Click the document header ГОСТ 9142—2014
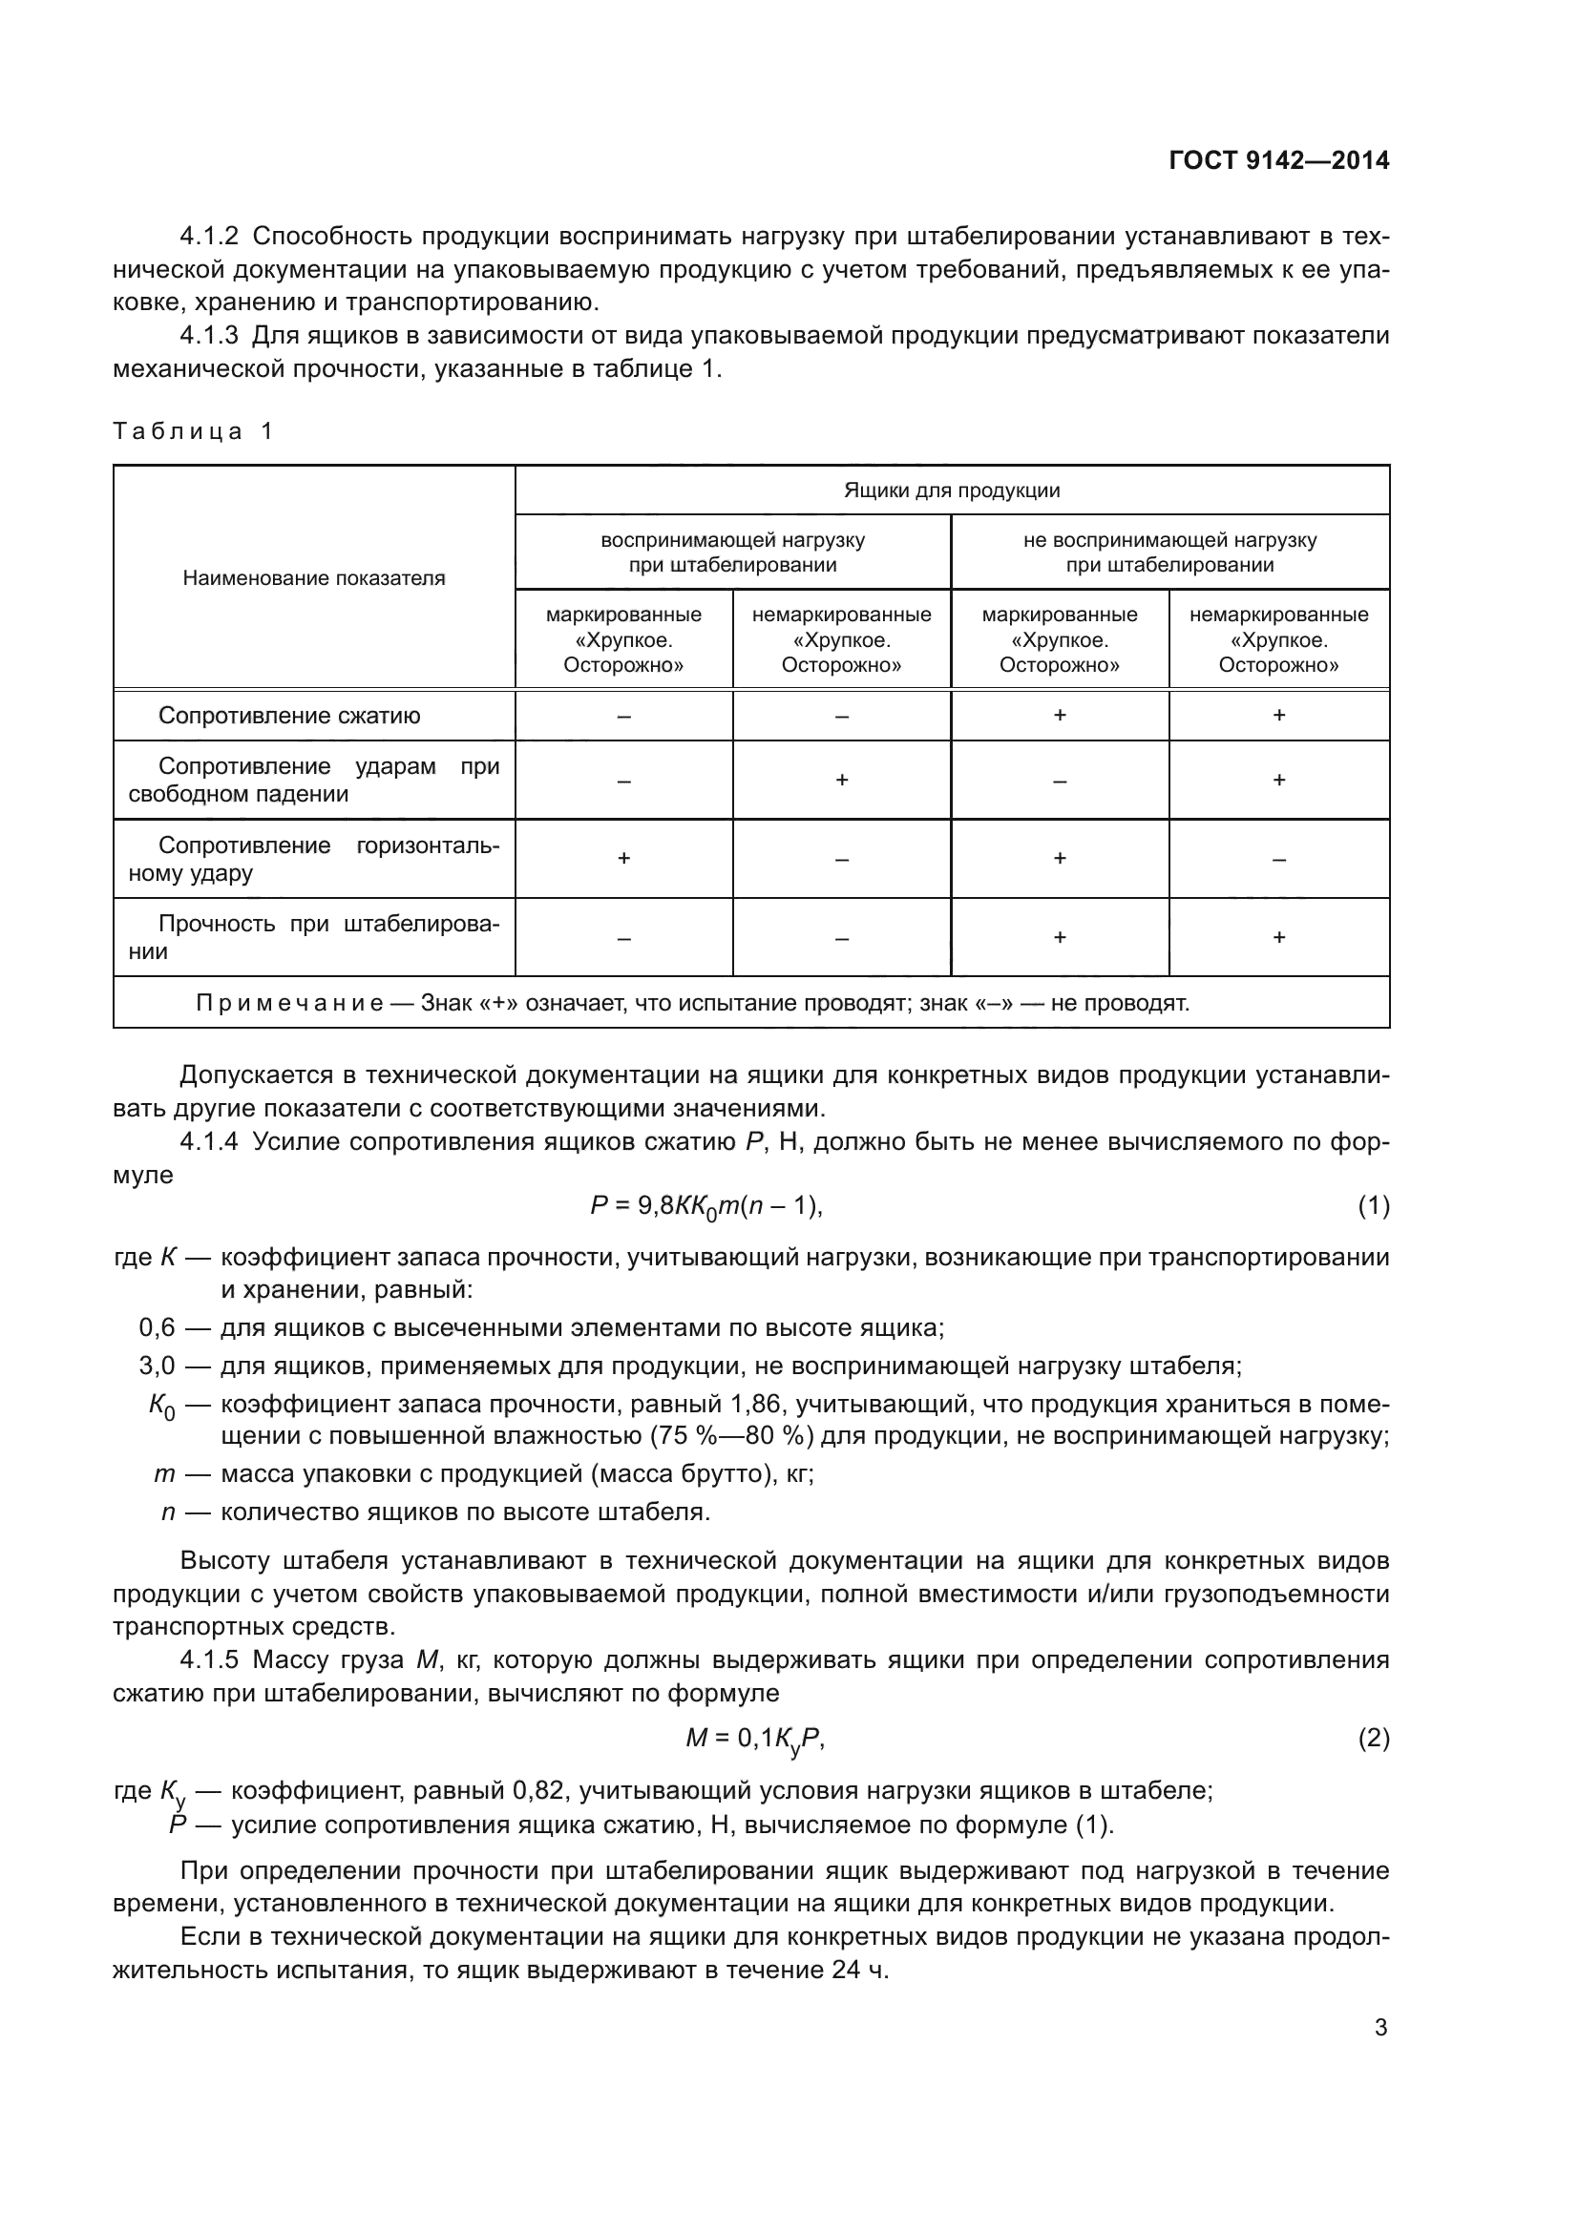(x=1278, y=160)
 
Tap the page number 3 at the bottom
(x=1380, y=2028)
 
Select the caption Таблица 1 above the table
(x=194, y=430)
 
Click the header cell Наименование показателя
(x=314, y=578)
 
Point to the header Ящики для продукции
(x=951, y=490)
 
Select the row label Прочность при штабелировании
(x=314, y=937)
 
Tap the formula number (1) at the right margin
(x=1373, y=1206)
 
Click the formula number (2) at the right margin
(x=1373, y=1737)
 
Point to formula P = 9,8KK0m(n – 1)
(x=706, y=1207)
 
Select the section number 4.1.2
(x=209, y=237)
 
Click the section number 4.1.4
(x=209, y=1141)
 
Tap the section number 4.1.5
(x=209, y=1659)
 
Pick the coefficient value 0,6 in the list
(x=157, y=1328)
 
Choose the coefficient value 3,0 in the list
(x=157, y=1366)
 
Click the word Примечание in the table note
(x=288, y=1003)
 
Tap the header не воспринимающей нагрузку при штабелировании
(x=1169, y=553)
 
